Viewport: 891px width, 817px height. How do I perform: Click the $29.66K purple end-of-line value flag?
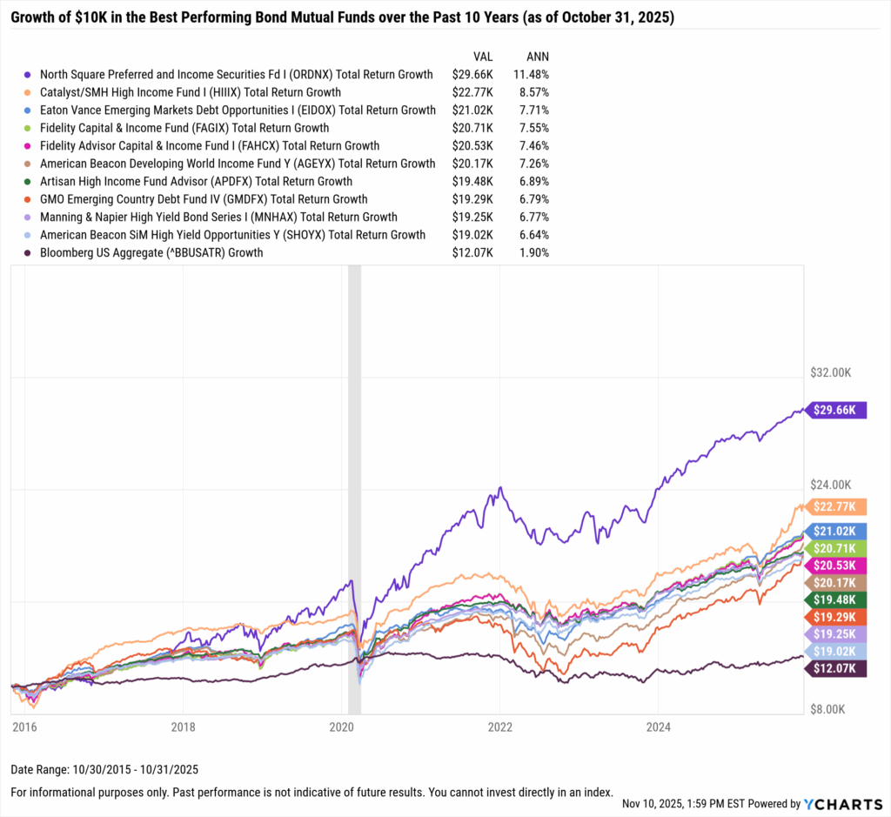coord(838,410)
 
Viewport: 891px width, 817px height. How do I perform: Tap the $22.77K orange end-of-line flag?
coord(838,506)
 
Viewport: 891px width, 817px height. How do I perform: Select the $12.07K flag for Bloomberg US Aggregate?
coord(838,668)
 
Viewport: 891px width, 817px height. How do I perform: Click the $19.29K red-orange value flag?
coord(838,616)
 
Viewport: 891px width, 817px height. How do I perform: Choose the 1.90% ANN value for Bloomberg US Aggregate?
coord(533,252)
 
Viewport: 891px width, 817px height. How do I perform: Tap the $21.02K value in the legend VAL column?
coord(470,110)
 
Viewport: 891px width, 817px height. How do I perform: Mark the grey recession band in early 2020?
coord(354,487)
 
